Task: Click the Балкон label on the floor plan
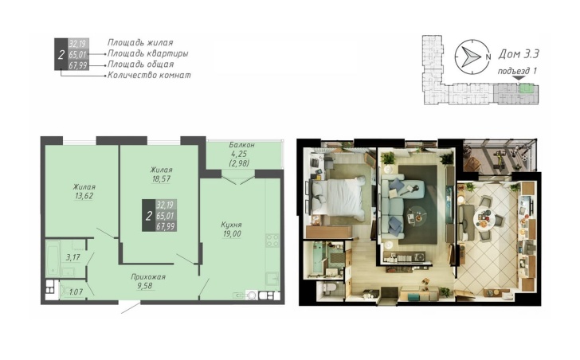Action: [241, 144]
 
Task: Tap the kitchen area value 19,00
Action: [232, 233]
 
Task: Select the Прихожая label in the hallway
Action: [148, 277]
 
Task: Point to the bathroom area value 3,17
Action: [72, 257]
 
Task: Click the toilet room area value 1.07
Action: [76, 292]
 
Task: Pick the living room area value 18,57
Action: [161, 179]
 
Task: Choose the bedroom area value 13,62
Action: [84, 196]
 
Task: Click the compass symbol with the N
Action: [472, 57]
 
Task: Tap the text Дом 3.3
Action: [519, 54]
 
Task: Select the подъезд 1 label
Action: [517, 71]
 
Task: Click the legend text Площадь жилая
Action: [140, 42]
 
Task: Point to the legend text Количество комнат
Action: [149, 76]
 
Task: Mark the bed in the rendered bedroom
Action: [339, 198]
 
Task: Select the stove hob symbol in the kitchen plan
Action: [272, 241]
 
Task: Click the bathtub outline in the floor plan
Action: [53, 258]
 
